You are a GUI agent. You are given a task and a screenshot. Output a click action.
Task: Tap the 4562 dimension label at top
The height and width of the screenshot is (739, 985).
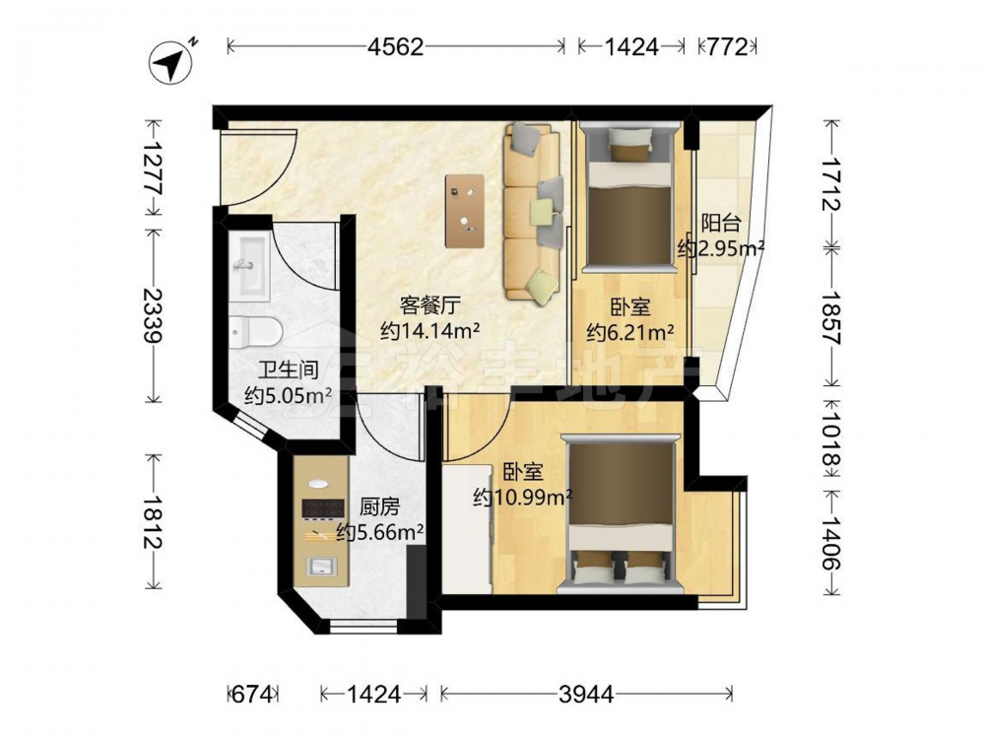click(x=396, y=46)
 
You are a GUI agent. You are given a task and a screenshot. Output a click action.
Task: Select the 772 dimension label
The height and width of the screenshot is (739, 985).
click(x=728, y=46)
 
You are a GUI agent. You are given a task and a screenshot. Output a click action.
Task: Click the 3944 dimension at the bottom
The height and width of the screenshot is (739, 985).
click(x=585, y=694)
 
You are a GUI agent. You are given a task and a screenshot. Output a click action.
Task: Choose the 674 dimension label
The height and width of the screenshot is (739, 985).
click(x=252, y=694)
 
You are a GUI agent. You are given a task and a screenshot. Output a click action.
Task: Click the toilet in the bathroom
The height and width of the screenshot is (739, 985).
click(x=253, y=331)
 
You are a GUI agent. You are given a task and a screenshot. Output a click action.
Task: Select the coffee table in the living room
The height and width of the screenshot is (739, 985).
click(x=465, y=211)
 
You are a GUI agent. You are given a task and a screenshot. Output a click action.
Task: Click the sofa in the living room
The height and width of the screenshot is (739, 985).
click(x=533, y=212)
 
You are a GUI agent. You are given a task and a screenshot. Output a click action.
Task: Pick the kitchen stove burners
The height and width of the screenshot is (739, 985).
click(x=323, y=509)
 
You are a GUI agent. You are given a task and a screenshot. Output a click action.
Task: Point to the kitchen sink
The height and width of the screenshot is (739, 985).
click(x=320, y=567)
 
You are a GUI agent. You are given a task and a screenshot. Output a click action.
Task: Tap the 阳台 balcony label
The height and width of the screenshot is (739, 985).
click(x=721, y=223)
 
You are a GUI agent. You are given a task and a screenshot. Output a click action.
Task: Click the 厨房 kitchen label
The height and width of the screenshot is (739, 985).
click(x=379, y=505)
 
